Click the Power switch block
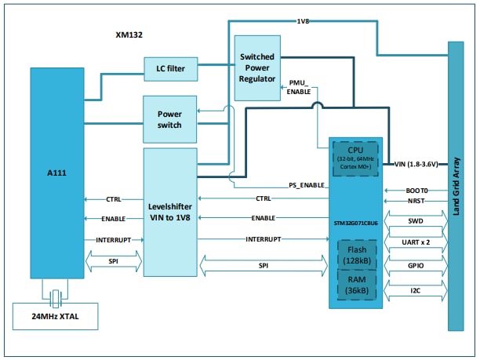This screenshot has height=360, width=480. point(169,118)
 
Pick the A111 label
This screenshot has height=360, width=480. point(56,172)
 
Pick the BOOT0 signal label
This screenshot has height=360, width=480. point(416,191)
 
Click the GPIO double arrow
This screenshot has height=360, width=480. point(416,268)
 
